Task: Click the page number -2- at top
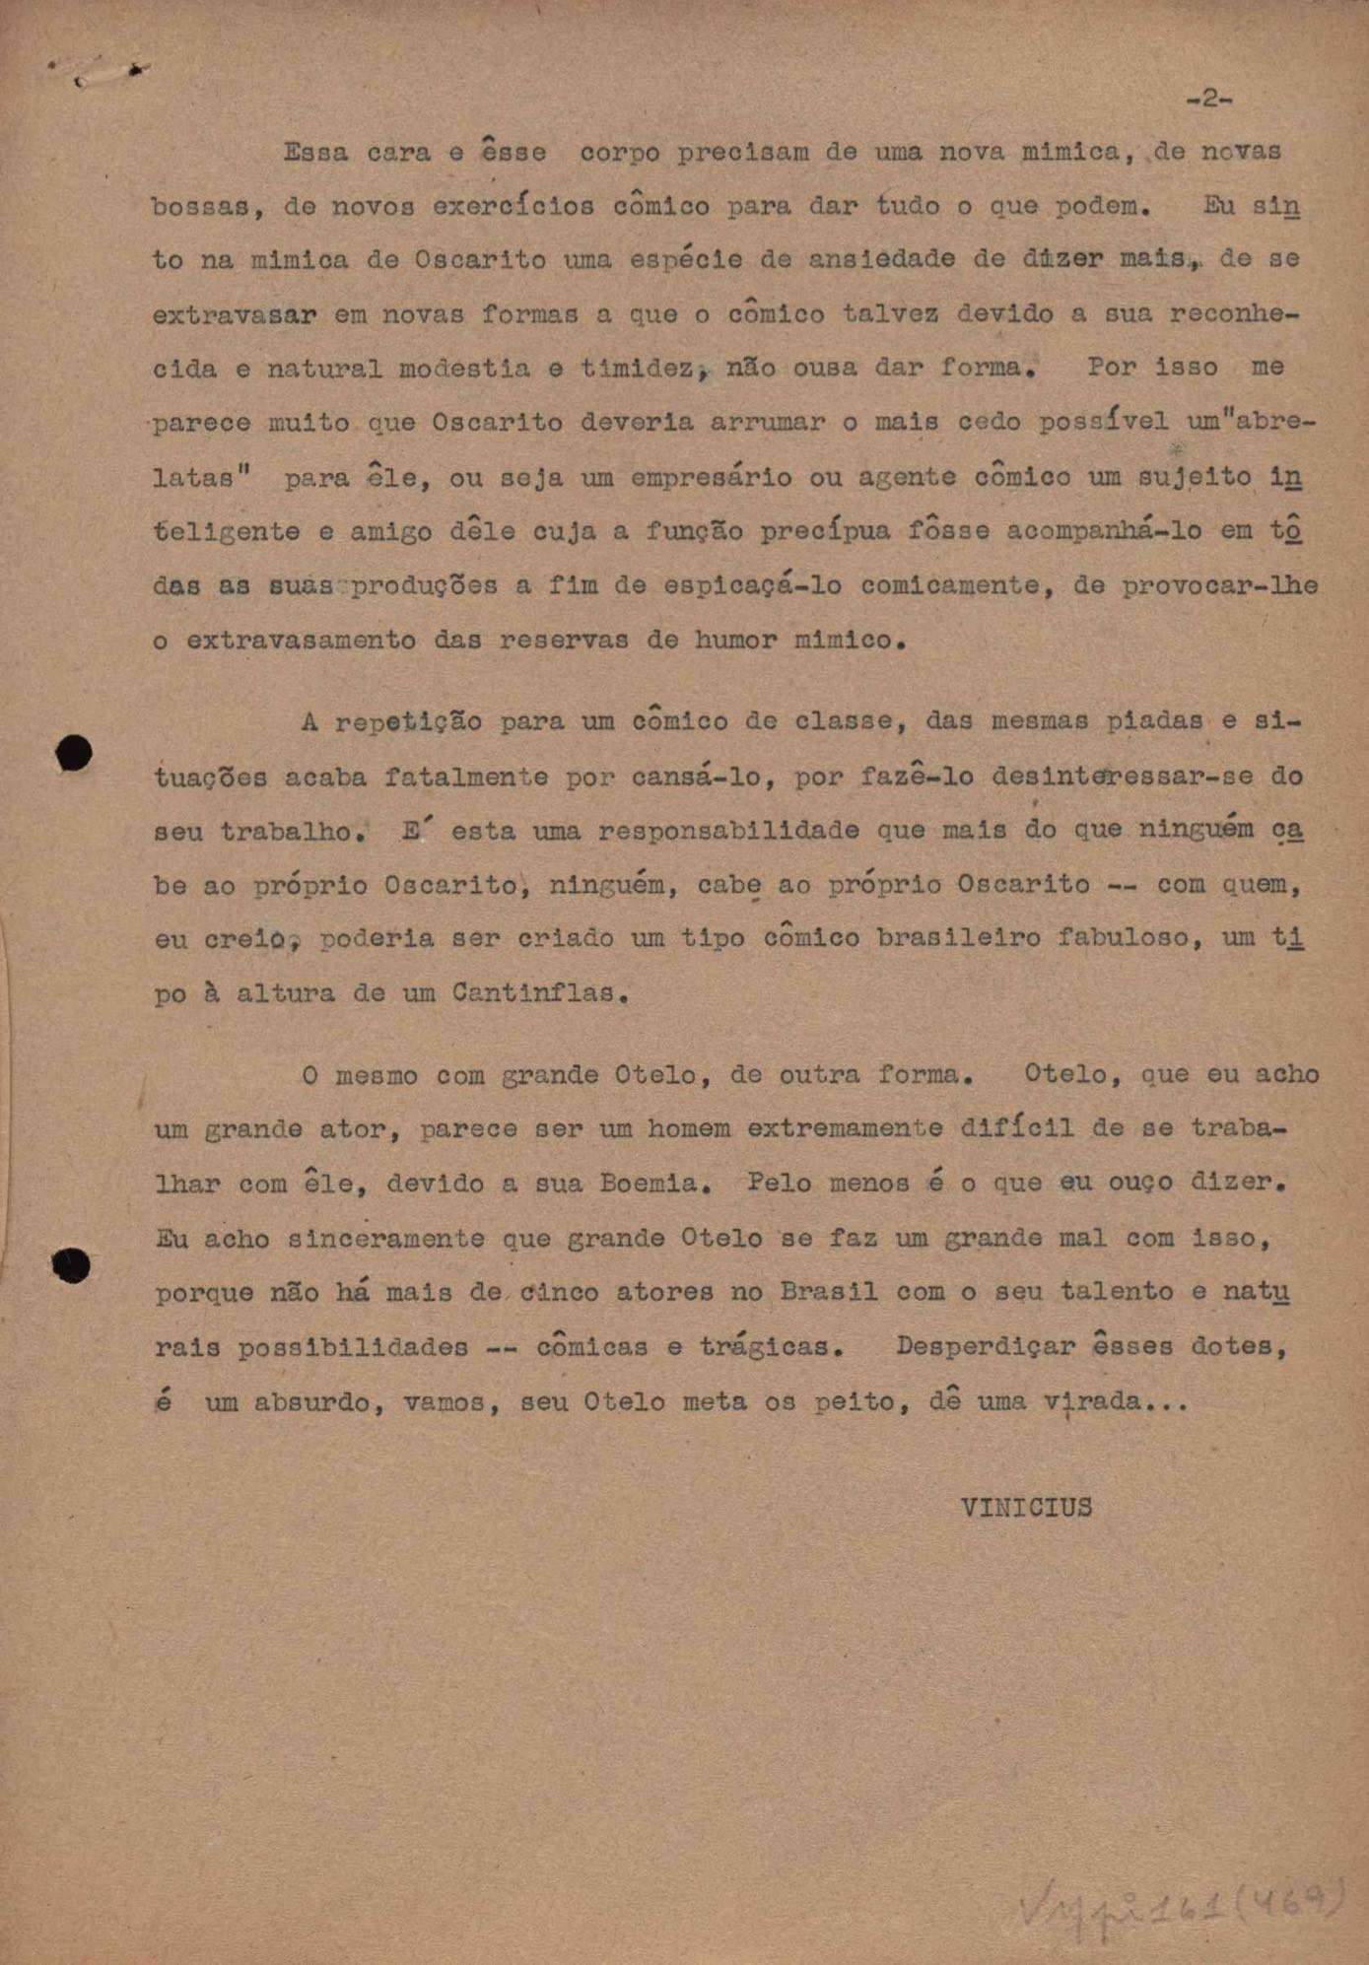(1209, 99)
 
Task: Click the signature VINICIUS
(1026, 1508)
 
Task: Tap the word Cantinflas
(539, 993)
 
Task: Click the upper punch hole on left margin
(74, 754)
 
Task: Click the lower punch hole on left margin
(72, 1265)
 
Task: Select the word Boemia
(654, 1183)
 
